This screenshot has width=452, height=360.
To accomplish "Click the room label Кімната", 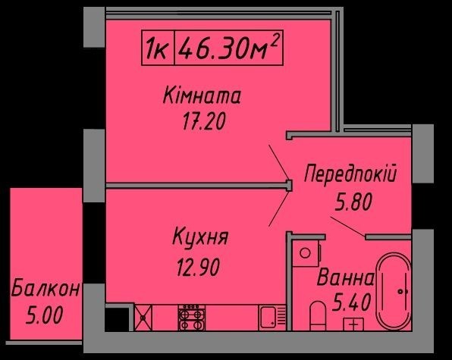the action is pos(202,95).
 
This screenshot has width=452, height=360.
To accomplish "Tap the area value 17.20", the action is pos(203,121).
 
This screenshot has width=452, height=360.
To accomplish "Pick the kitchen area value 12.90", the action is pos(199,267).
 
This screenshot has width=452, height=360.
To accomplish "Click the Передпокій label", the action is pos(350,173).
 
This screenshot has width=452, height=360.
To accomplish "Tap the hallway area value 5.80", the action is pos(353,202).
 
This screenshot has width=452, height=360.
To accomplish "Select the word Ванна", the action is pos(345,277).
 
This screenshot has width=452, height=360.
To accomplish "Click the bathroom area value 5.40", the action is pos(351,302).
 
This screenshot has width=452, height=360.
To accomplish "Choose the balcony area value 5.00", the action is pos(44,315).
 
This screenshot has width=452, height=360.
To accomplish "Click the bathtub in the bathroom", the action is pos(394,292).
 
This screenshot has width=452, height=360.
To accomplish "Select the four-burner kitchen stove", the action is pos(192,317).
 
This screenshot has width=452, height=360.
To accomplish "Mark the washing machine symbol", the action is pos(306,253).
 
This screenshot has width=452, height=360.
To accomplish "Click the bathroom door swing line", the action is pos(347,227).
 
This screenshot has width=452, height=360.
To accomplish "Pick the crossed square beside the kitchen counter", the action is pos(143,318).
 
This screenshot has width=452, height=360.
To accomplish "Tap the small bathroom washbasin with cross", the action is pos(354,324).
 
